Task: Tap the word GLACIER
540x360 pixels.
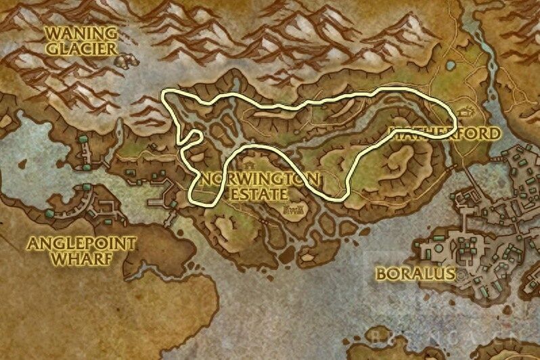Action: click(x=80, y=48)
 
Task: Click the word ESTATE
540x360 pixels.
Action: click(x=259, y=194)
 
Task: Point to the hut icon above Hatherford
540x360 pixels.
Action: click(x=465, y=110)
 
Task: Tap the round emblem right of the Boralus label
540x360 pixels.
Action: click(x=460, y=275)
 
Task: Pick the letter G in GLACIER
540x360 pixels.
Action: click(x=49, y=48)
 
